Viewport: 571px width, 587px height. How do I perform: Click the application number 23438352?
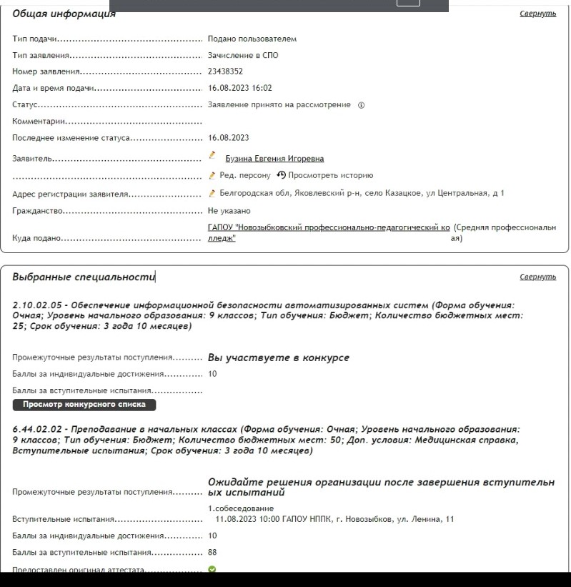(225, 71)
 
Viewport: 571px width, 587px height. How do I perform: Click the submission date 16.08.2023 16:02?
(240, 88)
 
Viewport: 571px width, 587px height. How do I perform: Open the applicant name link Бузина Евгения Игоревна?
(274, 159)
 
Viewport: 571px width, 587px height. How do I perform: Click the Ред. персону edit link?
(244, 175)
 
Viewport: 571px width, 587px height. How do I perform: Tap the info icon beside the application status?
(361, 105)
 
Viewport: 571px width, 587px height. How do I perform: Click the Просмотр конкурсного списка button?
(84, 405)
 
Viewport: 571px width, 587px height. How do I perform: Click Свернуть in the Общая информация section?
(537, 14)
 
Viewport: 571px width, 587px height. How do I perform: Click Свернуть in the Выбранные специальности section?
(537, 277)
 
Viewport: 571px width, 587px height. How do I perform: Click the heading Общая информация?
(64, 14)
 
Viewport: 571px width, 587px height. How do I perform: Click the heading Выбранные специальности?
(83, 277)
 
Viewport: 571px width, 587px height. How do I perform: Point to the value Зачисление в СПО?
(243, 55)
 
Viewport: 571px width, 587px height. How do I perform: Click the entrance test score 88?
(212, 552)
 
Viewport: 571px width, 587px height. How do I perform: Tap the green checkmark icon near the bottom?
(212, 570)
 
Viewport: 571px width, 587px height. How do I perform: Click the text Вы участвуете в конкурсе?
(278, 357)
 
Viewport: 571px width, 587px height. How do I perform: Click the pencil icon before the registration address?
(212, 193)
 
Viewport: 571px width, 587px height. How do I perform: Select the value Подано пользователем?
(252, 39)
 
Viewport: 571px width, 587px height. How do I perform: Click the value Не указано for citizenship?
(229, 211)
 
